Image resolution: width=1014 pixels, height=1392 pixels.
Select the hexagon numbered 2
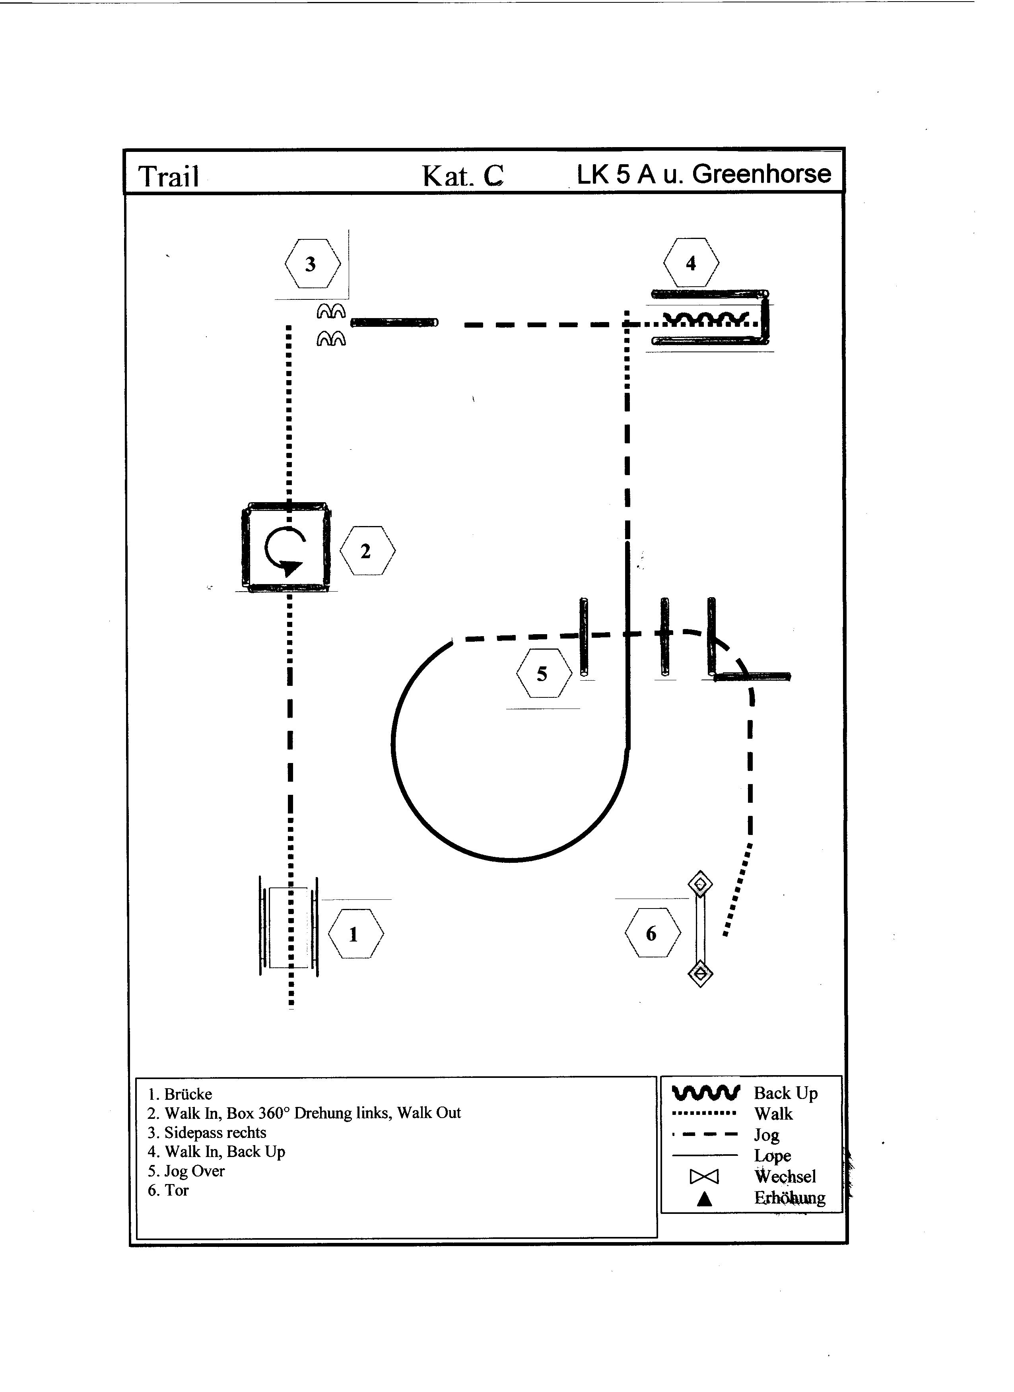367,551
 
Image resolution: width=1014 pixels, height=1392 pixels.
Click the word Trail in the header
169,177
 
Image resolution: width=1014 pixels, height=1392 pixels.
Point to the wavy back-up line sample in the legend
706,1093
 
